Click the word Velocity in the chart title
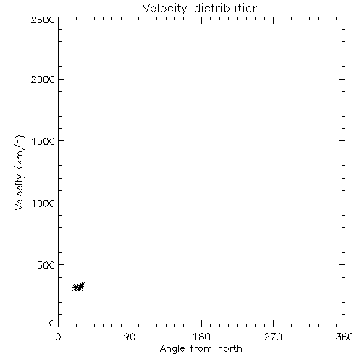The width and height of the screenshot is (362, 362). pos(165,9)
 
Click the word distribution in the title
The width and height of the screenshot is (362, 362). pos(227,8)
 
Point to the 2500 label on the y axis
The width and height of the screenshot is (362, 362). pos(43,20)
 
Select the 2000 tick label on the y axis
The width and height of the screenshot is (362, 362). pos(43,79)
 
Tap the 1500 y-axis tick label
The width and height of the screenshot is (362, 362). pos(43,141)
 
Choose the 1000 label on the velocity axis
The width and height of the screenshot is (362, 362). pos(43,203)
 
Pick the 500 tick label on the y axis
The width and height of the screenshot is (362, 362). pos(46,265)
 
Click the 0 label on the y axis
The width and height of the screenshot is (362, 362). pos(52,324)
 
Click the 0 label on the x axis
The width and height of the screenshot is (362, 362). pos(58,337)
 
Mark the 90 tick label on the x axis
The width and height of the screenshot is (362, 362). pos(130,337)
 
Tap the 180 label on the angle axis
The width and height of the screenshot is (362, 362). pos(201,337)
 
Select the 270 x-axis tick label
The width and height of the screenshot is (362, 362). pos(273,337)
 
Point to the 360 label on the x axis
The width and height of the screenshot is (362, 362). pos(345,337)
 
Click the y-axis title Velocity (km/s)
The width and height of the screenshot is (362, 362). pos(20,172)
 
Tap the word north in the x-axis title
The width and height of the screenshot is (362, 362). pos(230,348)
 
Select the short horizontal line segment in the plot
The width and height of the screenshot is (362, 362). pos(150,287)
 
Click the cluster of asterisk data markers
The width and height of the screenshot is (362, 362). pos(79,287)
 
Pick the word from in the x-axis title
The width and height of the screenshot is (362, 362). pos(201,348)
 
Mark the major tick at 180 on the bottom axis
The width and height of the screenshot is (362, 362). pos(201,324)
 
